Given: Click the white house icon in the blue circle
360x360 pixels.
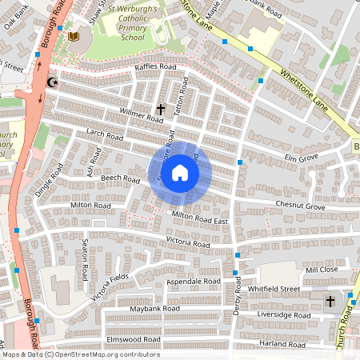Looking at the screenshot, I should [180, 173].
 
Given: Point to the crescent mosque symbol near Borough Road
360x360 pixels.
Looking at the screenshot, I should [54, 82].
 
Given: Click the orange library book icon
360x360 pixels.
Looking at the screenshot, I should [74, 37].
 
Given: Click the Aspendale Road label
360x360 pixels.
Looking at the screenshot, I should [193, 282].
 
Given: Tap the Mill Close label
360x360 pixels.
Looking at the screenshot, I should [322, 270].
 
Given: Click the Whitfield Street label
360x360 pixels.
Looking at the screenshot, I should [274, 288].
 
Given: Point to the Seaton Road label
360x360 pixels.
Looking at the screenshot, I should [82, 262].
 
